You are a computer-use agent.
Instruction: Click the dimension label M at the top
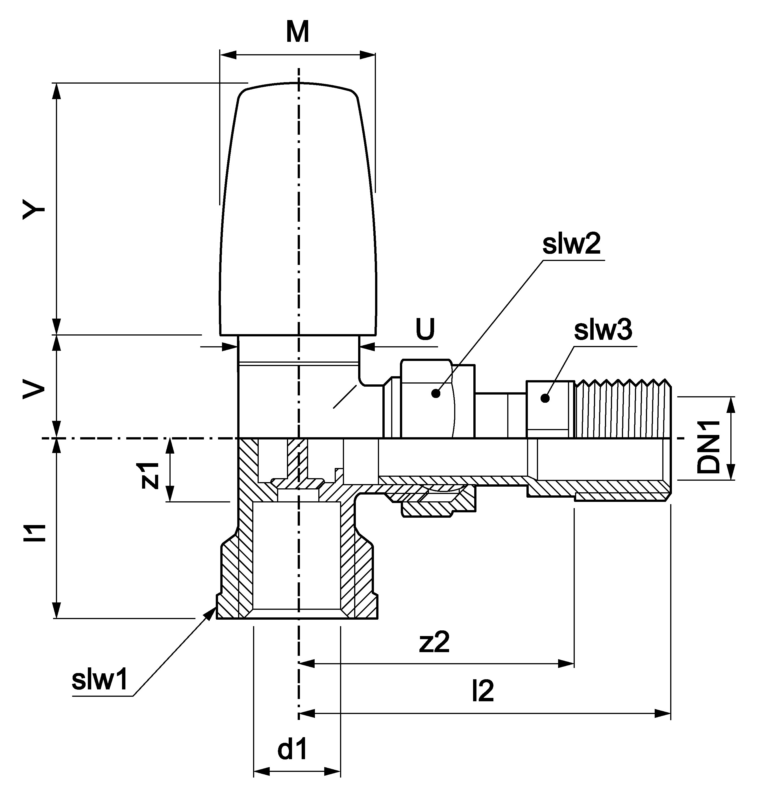(297, 32)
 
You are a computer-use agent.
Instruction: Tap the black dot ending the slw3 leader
(545, 399)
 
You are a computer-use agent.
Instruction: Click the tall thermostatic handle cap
(298, 210)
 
